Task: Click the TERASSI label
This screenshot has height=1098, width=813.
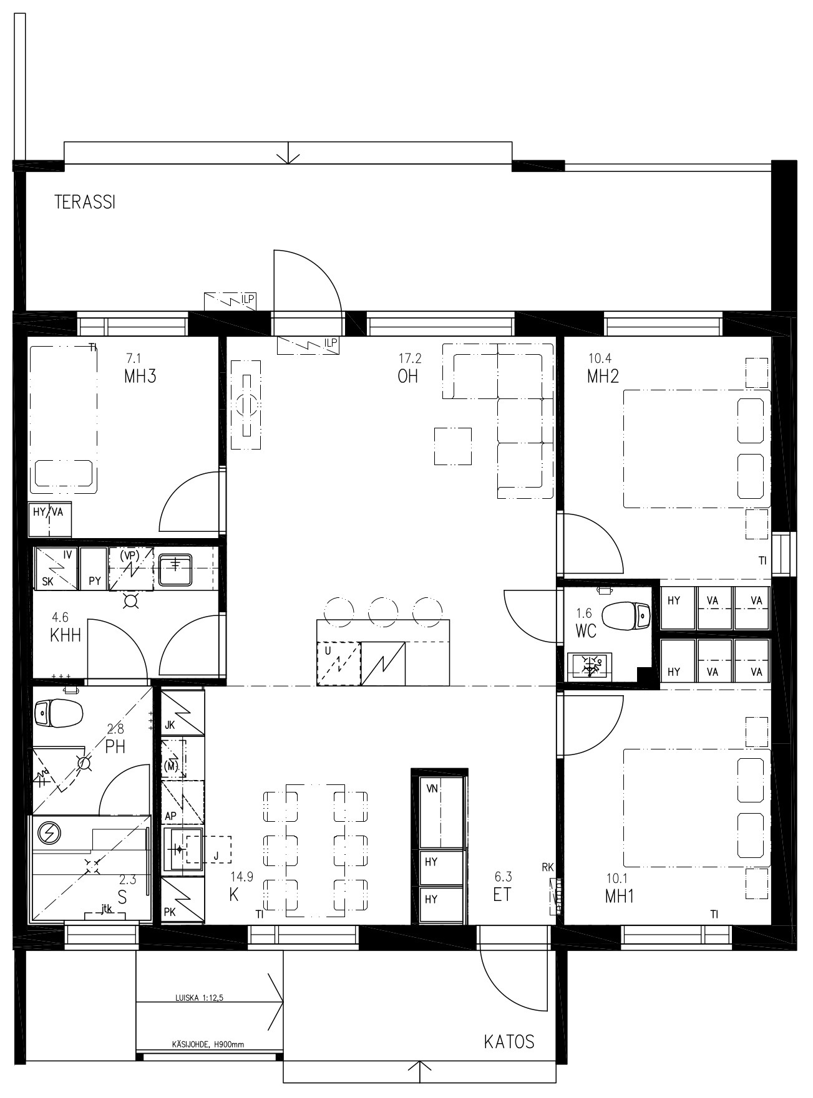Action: [85, 202]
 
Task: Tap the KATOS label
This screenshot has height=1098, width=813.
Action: [509, 1041]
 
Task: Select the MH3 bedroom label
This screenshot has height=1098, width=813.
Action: [140, 376]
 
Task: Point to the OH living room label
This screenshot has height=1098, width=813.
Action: [407, 376]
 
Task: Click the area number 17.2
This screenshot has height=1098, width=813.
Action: [410, 358]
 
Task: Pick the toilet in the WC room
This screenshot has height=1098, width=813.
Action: [628, 615]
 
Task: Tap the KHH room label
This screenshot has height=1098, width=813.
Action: [66, 635]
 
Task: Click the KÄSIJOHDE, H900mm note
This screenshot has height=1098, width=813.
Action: [208, 1044]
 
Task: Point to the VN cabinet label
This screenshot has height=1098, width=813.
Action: [432, 788]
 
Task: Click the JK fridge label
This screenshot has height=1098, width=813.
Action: [170, 725]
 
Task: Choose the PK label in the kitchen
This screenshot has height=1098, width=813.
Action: [170, 912]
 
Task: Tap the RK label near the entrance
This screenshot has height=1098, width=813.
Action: [548, 867]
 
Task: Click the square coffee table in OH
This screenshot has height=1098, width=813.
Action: [453, 446]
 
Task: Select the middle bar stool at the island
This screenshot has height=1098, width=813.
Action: [383, 611]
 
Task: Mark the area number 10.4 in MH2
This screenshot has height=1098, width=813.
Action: [600, 358]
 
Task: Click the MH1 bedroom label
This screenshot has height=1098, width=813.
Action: [620, 896]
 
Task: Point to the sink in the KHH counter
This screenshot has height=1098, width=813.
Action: [175, 569]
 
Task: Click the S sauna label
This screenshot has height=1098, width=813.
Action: [122, 897]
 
